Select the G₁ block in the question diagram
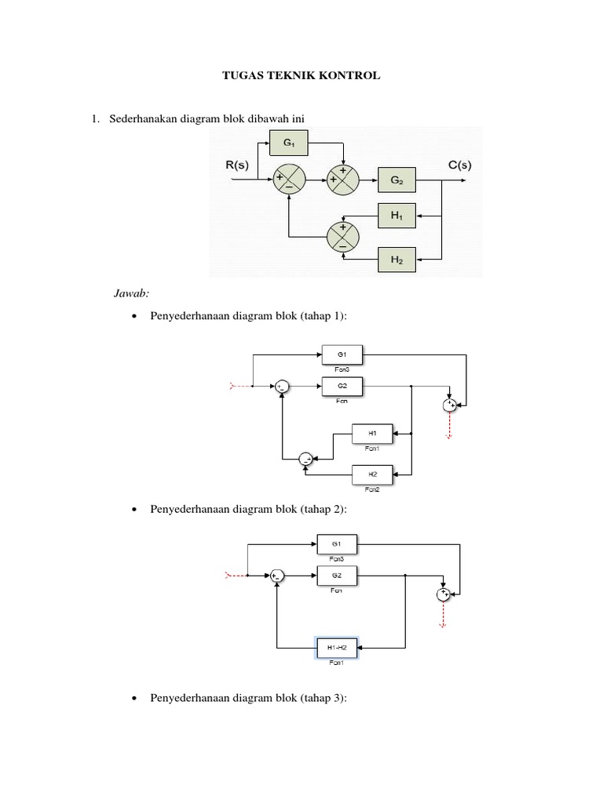pyautogui.click(x=288, y=144)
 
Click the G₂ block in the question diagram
pyautogui.click(x=398, y=181)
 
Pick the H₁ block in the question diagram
pyautogui.click(x=398, y=216)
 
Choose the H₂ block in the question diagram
pyautogui.click(x=398, y=260)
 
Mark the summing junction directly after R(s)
pyautogui.click(x=288, y=181)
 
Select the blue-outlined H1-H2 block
pyautogui.click(x=336, y=647)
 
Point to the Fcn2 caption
pyautogui.click(x=372, y=489)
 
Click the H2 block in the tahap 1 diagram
pyautogui.click(x=372, y=474)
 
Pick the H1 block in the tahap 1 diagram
pyautogui.click(x=372, y=433)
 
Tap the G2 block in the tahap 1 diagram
pyautogui.click(x=342, y=386)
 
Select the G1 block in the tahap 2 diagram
pyautogui.click(x=336, y=543)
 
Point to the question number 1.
pyautogui.click(x=95, y=118)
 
